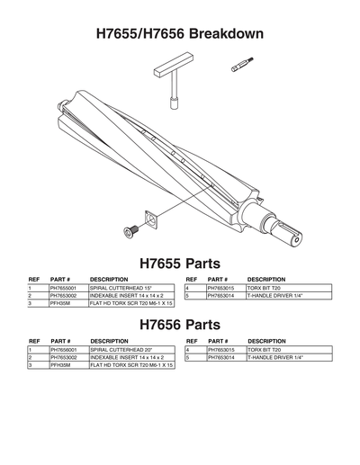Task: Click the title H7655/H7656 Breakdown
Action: coord(179,33)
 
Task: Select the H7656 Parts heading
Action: coord(179,325)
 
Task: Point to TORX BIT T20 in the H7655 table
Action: coord(265,287)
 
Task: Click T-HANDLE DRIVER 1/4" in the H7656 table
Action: coord(274,357)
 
